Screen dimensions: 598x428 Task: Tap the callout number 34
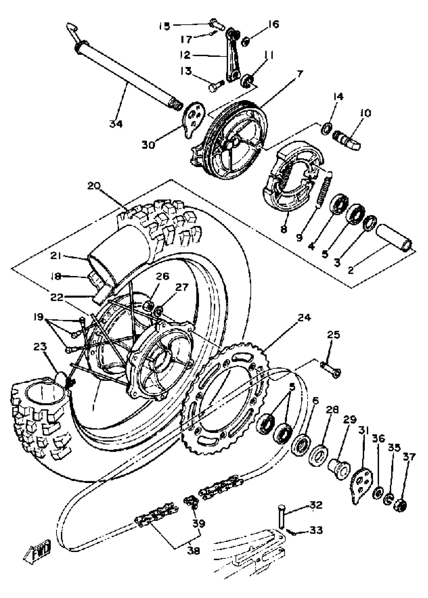pos(116,124)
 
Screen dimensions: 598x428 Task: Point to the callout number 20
pos(94,186)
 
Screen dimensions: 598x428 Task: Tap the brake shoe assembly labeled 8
pos(293,179)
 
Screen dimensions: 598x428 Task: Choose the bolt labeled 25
pos(331,368)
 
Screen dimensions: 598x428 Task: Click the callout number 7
pos(300,73)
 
